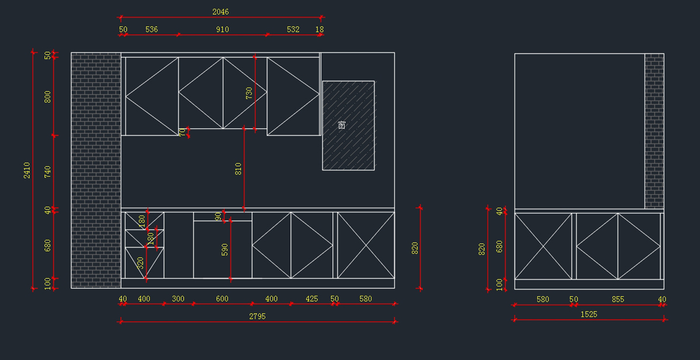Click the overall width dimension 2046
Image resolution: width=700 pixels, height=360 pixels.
pyautogui.click(x=220, y=12)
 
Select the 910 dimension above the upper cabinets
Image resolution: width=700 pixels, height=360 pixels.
pyautogui.click(x=222, y=29)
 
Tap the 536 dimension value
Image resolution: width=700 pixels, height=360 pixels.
pyautogui.click(x=151, y=29)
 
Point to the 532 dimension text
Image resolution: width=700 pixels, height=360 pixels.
pyautogui.click(x=293, y=29)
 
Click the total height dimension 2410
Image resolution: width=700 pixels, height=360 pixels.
pyautogui.click(x=27, y=170)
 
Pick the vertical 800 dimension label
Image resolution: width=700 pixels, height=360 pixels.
pyautogui.click(x=48, y=96)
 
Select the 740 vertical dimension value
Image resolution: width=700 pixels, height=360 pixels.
pyautogui.click(x=48, y=172)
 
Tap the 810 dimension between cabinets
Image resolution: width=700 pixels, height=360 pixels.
pyautogui.click(x=238, y=169)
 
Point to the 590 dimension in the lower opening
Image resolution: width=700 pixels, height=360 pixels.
pyautogui.click(x=225, y=250)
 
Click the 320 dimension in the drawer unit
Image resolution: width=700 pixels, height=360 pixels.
pyautogui.click(x=141, y=263)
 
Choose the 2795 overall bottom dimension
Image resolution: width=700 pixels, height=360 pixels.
pyautogui.click(x=257, y=316)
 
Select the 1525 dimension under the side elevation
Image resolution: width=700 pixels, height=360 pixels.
pyautogui.click(x=589, y=314)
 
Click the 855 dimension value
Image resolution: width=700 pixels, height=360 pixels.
pyautogui.click(x=618, y=299)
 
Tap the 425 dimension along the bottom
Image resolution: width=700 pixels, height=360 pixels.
pyautogui.click(x=312, y=299)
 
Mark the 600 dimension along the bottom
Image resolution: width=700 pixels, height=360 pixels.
pyautogui.click(x=222, y=299)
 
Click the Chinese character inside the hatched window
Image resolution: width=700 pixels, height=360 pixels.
pyautogui.click(x=342, y=125)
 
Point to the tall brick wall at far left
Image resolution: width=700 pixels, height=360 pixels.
pyautogui.click(x=96, y=170)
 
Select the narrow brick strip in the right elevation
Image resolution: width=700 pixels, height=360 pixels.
pyautogui.click(x=654, y=131)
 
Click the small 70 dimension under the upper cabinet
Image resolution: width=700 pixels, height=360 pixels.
pyautogui.click(x=182, y=132)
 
